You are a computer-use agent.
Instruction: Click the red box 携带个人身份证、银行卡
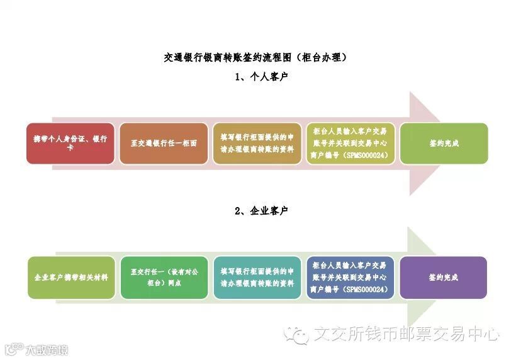tap(70, 143)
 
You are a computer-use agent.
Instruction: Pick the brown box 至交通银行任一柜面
tap(164, 143)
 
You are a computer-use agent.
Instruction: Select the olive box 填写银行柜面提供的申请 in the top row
tap(257, 143)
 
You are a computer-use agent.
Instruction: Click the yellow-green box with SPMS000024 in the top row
tap(351, 143)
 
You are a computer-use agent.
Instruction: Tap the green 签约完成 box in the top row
tap(444, 143)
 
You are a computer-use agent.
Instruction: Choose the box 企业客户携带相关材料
tap(71, 278)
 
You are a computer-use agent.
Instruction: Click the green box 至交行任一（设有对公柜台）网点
tap(164, 278)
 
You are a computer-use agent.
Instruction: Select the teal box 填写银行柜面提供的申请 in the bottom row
tap(257, 278)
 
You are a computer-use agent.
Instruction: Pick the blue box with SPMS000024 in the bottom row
tap(351, 278)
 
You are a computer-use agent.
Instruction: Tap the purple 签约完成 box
tap(444, 278)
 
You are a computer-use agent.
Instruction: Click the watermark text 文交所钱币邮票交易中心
tap(406, 334)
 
